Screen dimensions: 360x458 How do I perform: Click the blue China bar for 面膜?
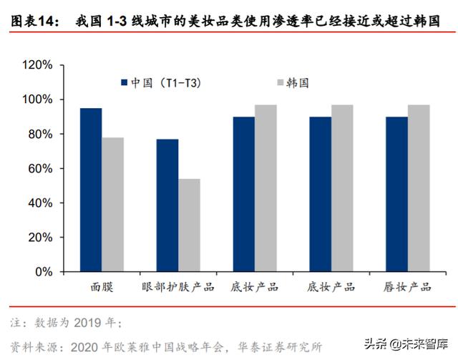[90, 190]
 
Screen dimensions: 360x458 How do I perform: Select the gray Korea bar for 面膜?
[112, 205]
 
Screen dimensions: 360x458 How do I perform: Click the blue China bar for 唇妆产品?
[397, 194]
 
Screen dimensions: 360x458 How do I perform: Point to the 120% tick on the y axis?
[37, 65]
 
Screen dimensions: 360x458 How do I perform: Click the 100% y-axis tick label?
[37, 99]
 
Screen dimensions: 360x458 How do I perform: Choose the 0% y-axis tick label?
[43, 272]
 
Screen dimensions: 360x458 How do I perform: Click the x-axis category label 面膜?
[102, 287]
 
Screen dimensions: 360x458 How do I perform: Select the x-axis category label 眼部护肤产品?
[178, 287]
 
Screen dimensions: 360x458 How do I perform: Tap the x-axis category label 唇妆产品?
[408, 287]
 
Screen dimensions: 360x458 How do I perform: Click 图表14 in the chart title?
[32, 23]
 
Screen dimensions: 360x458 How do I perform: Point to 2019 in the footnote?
[94, 322]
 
